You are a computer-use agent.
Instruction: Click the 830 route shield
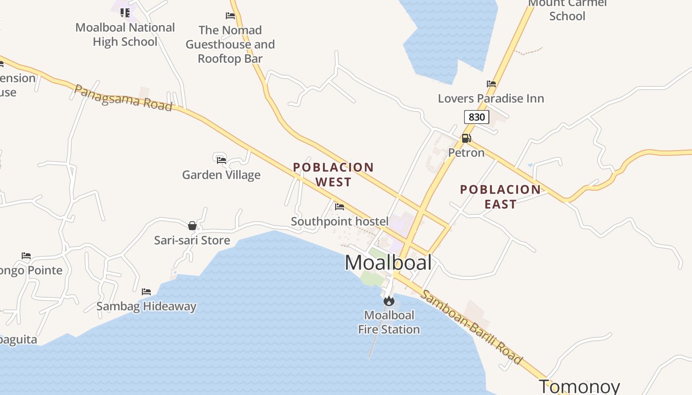476,117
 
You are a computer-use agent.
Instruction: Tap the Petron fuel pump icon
466,138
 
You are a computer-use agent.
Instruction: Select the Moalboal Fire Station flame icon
389,300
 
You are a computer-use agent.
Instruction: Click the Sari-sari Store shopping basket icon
192,226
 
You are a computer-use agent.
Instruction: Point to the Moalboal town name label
389,263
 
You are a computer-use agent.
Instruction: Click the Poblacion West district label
333,175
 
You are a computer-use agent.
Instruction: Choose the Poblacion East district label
500,197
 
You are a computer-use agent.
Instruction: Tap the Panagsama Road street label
123,97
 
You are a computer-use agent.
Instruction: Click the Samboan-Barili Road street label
471,327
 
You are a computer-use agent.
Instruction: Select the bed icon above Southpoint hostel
340,207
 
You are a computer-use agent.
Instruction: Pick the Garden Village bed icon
221,160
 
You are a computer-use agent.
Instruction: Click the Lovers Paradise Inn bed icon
491,84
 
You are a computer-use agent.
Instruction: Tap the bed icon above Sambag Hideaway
146,292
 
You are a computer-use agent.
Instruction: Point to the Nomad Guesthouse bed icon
230,16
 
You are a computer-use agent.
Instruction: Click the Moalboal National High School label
125,35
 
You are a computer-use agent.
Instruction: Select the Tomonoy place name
579,386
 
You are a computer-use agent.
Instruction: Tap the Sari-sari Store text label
192,240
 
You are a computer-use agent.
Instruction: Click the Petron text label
466,153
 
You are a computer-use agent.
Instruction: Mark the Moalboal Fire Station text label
389,322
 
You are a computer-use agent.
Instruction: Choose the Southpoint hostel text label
340,221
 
